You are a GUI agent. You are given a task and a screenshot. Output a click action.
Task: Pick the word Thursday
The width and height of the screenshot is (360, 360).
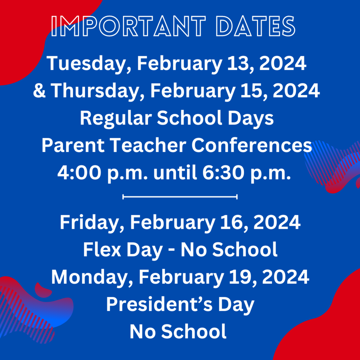coord(97,91)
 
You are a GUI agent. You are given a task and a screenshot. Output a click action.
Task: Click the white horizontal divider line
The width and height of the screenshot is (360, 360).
coord(180,197)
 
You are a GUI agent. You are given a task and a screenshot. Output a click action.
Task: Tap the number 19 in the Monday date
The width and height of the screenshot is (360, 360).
coord(247,277)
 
